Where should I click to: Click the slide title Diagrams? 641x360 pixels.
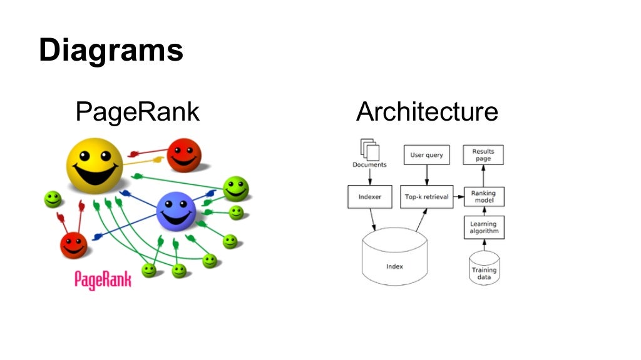pyautogui.click(x=111, y=51)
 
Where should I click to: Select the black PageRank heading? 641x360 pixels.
pyautogui.click(x=137, y=112)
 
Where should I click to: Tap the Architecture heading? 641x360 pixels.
pyautogui.click(x=427, y=112)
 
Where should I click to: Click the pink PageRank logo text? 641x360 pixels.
pyautogui.click(x=103, y=279)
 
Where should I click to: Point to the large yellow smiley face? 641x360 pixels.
pyautogui.click(x=95, y=166)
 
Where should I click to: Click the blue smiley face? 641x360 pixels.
pyautogui.click(x=176, y=211)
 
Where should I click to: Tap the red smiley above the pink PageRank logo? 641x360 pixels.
pyautogui.click(x=74, y=245)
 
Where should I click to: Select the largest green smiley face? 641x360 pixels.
pyautogui.click(x=236, y=188)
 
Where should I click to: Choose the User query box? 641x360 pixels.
pyautogui.click(x=426, y=155)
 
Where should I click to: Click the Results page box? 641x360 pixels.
pyautogui.click(x=483, y=155)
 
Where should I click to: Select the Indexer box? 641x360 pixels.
pyautogui.click(x=369, y=197)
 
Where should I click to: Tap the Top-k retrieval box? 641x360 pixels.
pyautogui.click(x=426, y=197)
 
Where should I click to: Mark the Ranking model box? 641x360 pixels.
pyautogui.click(x=483, y=197)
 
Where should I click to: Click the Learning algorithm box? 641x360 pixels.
pyautogui.click(x=483, y=227)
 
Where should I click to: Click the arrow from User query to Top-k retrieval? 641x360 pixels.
pyautogui.click(x=426, y=175)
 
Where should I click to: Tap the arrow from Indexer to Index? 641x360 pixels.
pyautogui.click(x=373, y=219)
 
